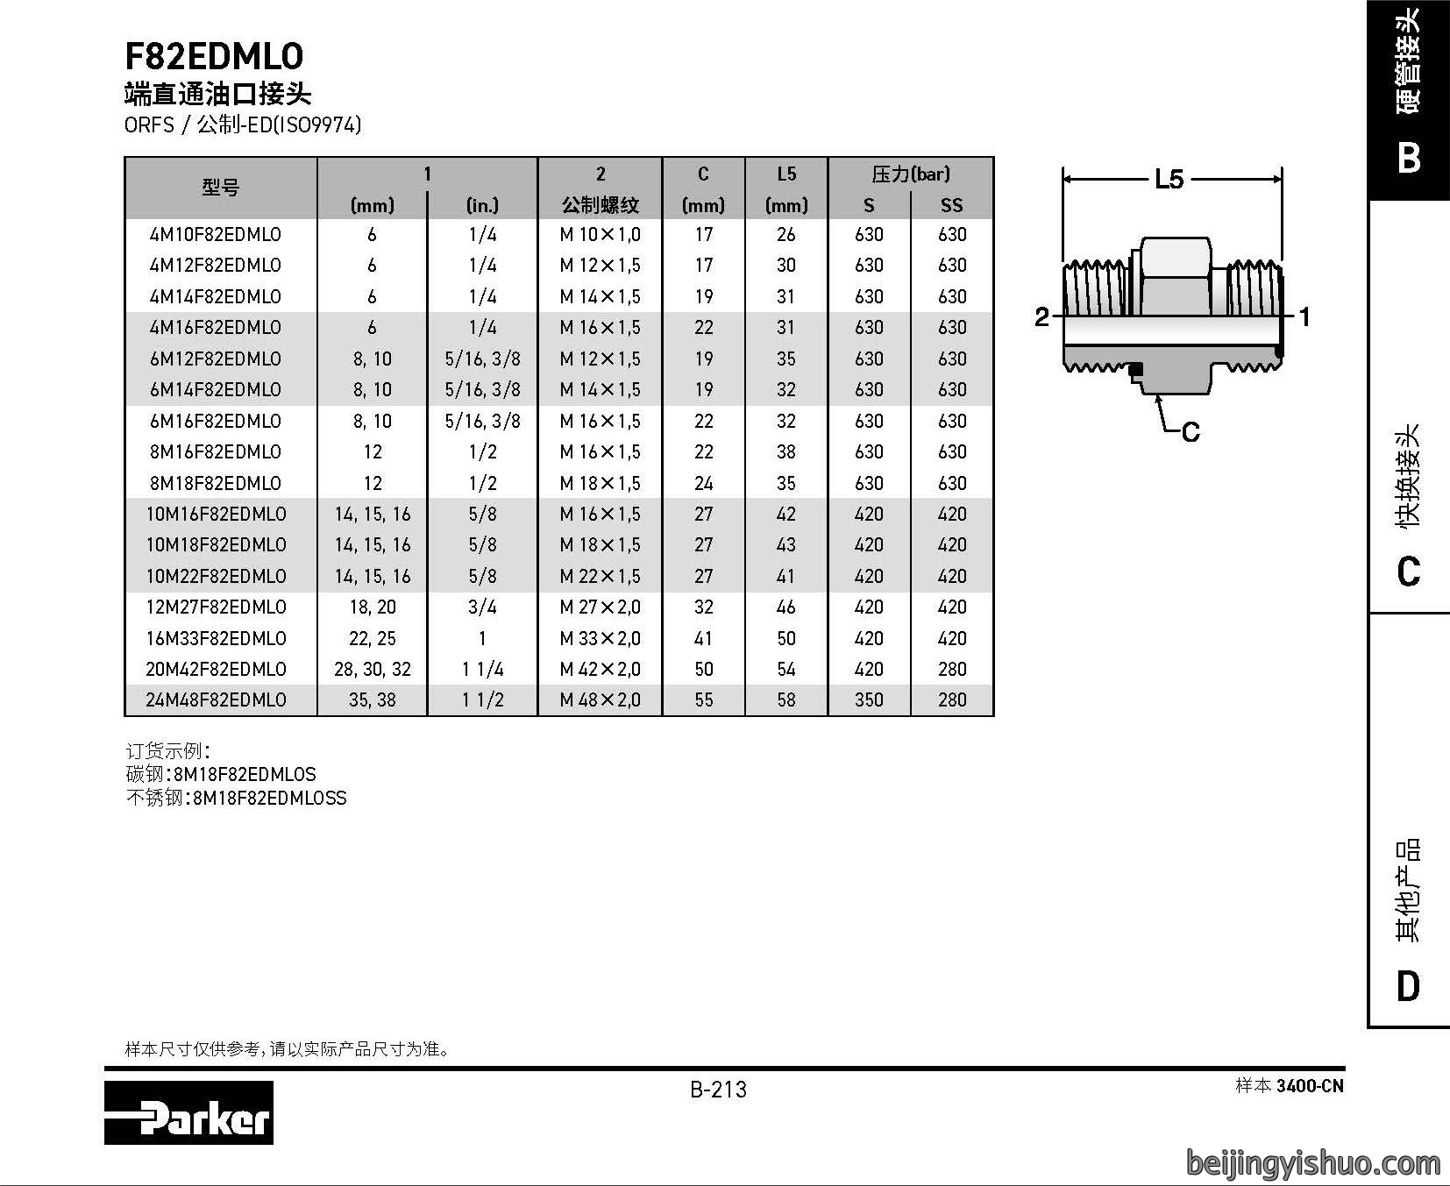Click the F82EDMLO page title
(x=214, y=57)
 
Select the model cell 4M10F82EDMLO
(x=215, y=235)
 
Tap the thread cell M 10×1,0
(x=600, y=235)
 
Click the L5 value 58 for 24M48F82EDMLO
(x=786, y=700)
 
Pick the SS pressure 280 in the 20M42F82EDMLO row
(x=952, y=670)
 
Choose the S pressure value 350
(x=869, y=700)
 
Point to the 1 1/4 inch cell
(x=482, y=670)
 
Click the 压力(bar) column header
(x=910, y=174)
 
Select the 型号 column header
(x=220, y=188)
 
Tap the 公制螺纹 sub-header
(x=600, y=205)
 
